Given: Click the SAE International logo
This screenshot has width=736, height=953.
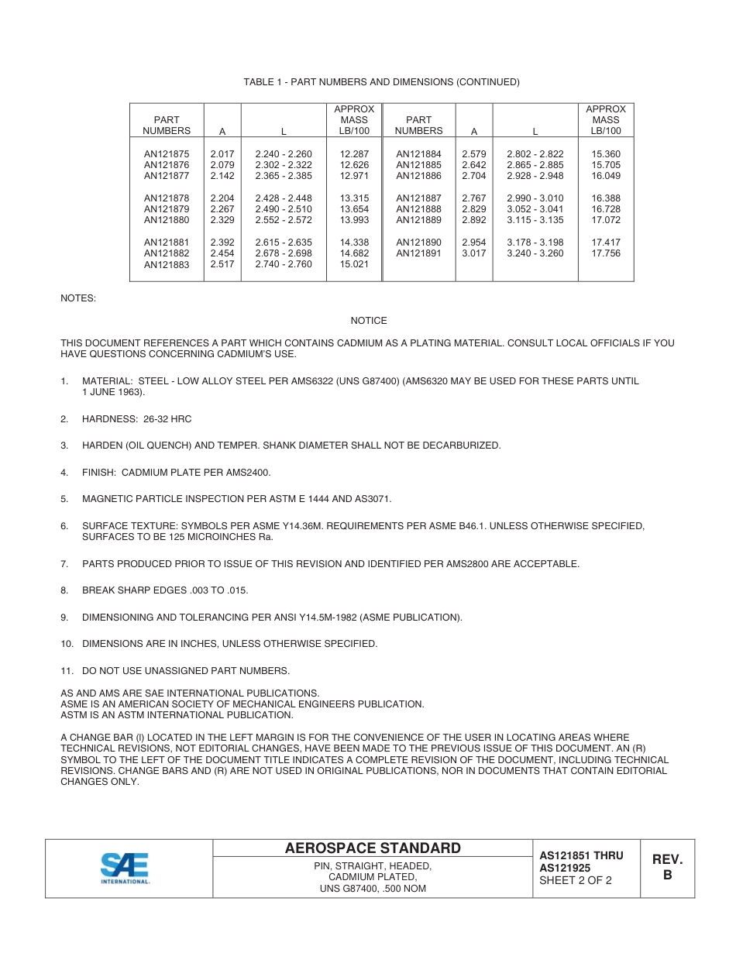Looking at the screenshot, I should tap(126, 868).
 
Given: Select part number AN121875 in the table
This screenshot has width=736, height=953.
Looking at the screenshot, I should tap(166, 154).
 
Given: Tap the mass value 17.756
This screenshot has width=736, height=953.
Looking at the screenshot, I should tap(605, 253).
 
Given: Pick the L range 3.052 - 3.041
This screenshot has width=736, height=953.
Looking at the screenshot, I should tap(535, 209).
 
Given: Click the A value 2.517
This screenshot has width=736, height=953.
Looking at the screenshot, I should tap(222, 264).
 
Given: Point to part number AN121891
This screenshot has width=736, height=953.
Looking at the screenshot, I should tap(418, 253).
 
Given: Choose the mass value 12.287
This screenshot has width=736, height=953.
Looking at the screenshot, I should tap(354, 154).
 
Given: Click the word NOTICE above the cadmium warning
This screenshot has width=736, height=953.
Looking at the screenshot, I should tap(368, 321).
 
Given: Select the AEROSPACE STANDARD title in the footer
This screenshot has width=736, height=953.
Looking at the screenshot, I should tap(372, 848).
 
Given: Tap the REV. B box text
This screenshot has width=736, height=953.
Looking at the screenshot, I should tap(666, 867).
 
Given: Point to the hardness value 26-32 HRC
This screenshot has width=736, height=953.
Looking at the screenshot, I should tap(167, 419).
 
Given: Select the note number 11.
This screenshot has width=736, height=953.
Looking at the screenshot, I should tap(67, 671).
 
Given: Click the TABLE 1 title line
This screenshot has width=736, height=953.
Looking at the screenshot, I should tap(381, 82).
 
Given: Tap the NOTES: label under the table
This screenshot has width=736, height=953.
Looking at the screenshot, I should tap(78, 298).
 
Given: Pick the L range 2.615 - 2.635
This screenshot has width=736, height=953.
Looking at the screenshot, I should tap(283, 243).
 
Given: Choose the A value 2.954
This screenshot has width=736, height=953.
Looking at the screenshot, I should tap(473, 243).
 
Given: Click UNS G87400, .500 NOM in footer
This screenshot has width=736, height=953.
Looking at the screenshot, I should tap(373, 889).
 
